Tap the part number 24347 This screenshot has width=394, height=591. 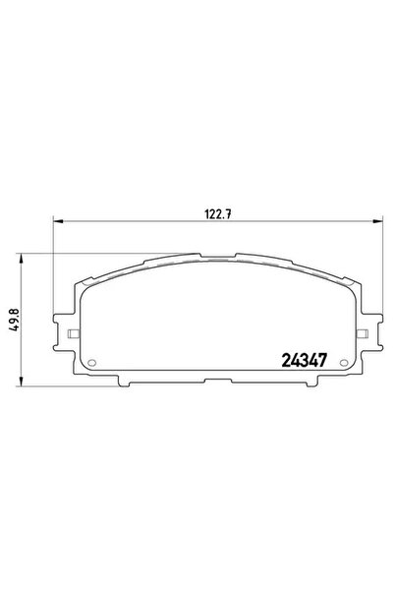pyautogui.click(x=305, y=361)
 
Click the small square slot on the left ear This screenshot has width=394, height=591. pyautogui.click(x=73, y=336)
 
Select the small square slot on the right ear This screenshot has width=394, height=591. pyautogui.click(x=356, y=336)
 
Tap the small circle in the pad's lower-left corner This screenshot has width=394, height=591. pyautogui.click(x=93, y=361)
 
